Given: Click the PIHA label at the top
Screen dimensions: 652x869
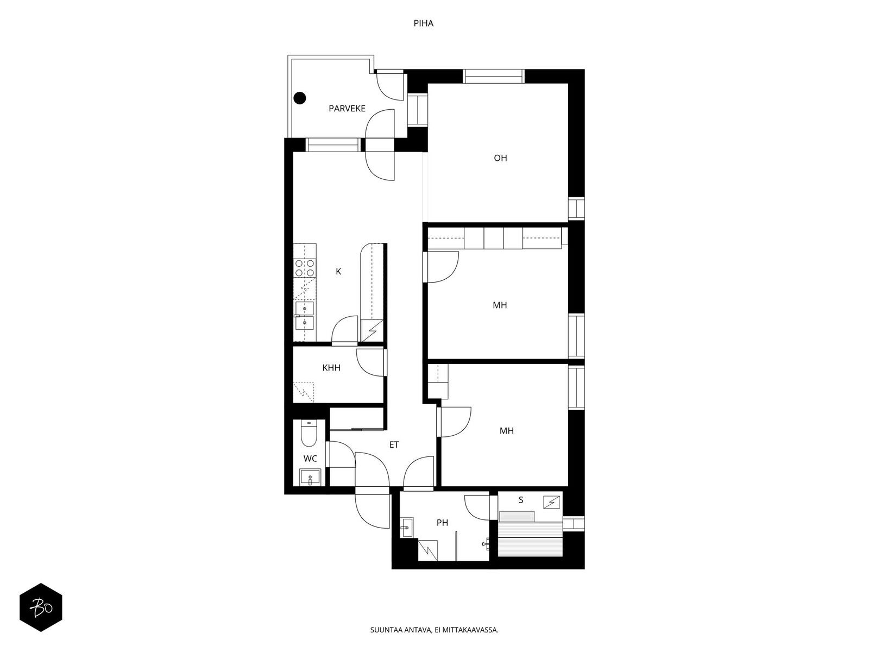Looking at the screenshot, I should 423,24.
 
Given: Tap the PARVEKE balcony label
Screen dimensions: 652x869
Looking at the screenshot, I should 347,109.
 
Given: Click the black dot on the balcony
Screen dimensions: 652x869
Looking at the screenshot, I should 300,98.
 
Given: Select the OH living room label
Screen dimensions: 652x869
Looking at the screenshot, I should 500,158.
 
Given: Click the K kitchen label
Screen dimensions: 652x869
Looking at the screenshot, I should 338,272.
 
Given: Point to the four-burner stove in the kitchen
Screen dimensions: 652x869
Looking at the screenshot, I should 305,268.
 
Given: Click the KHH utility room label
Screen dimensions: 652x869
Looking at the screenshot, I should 331,368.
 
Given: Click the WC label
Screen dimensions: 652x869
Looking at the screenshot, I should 310,459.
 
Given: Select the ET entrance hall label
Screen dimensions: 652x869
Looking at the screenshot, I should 394,445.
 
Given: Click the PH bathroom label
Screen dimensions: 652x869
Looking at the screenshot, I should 442,523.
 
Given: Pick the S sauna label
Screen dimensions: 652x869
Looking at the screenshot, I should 521,500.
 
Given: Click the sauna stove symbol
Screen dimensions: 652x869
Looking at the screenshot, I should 551,502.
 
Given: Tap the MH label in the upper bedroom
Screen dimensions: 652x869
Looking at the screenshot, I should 500,305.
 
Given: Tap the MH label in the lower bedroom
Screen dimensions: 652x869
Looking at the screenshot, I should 506,431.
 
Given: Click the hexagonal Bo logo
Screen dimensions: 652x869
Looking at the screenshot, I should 41,607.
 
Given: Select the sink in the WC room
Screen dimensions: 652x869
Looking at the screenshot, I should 310,478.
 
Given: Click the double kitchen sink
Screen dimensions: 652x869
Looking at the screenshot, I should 305,316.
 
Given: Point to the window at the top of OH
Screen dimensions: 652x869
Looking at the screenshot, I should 493,77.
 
